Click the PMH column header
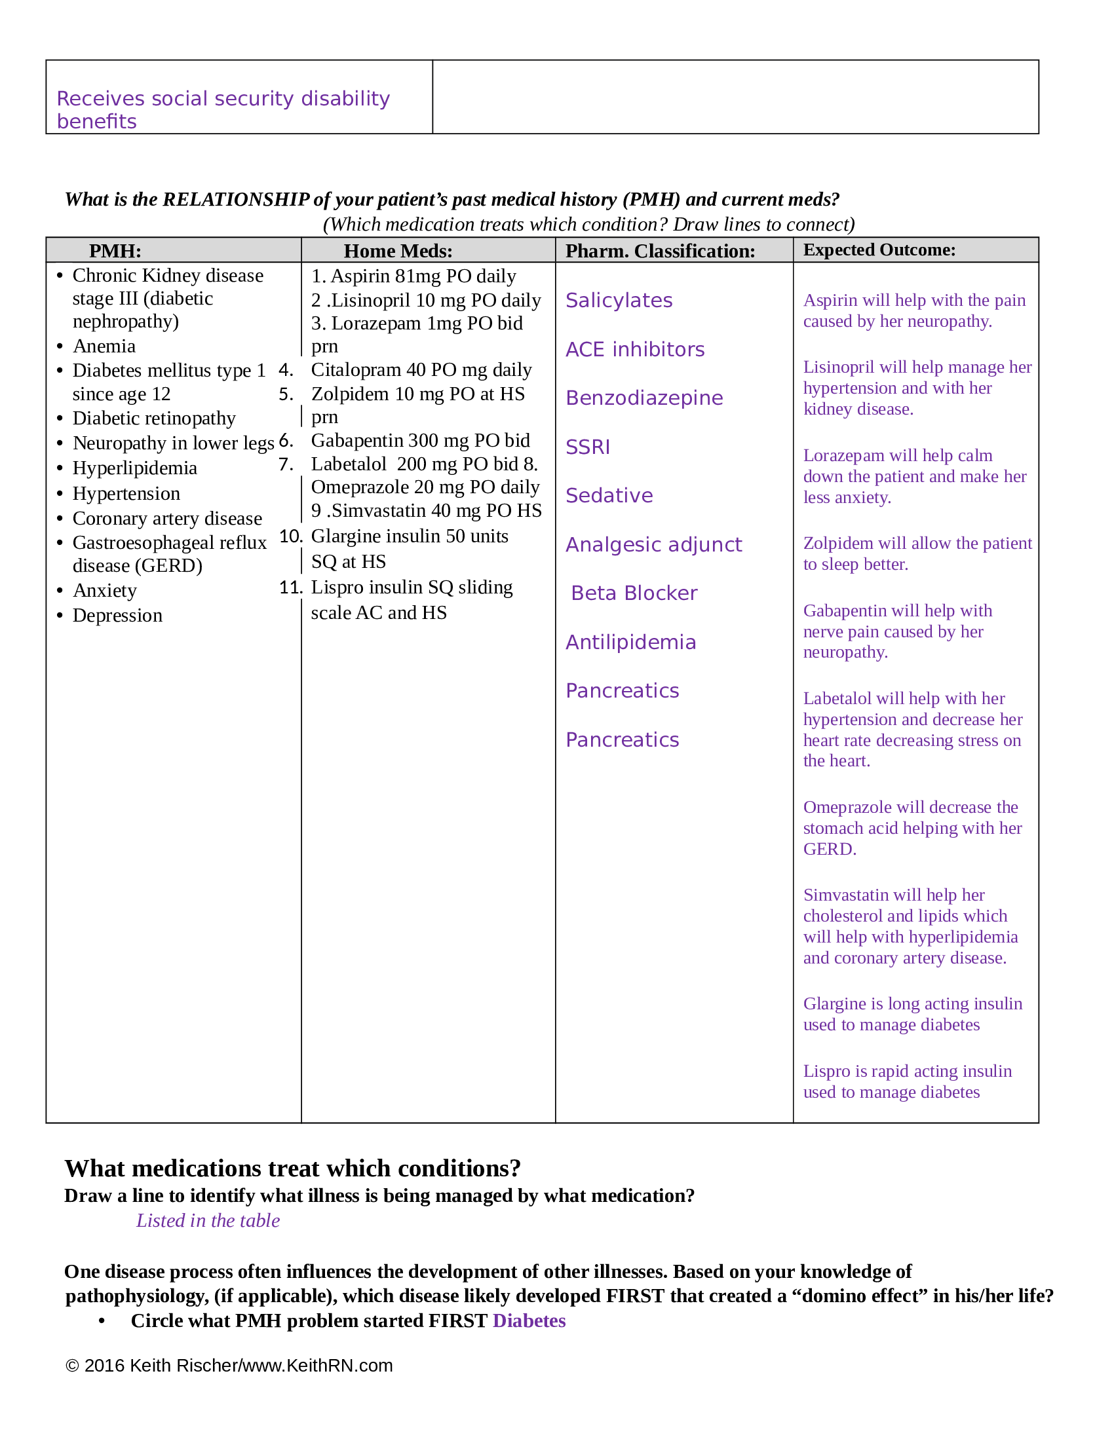(115, 251)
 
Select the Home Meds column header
(398, 251)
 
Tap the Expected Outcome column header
(878, 250)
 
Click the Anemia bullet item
(104, 346)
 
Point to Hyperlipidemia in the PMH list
(134, 468)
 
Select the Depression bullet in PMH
(117, 615)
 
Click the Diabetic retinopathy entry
(154, 419)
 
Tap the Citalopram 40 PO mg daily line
(421, 369)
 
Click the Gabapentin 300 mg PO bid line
(421, 440)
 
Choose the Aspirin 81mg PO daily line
(413, 276)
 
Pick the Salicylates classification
(619, 300)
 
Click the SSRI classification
(587, 447)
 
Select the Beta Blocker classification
(634, 593)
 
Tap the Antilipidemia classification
(630, 642)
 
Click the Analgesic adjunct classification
(653, 544)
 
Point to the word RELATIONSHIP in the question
(237, 199)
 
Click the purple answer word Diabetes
(529, 1320)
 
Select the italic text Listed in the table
(208, 1220)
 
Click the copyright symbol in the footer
(72, 1366)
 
